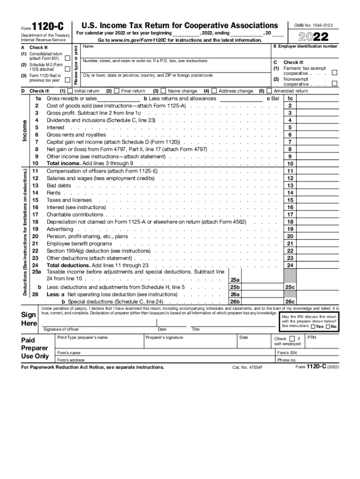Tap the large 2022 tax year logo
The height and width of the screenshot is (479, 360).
click(x=315, y=36)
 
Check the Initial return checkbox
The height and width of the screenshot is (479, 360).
click(x=70, y=91)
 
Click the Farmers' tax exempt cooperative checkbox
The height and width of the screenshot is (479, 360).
click(x=334, y=73)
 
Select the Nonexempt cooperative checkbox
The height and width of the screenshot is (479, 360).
click(x=334, y=84)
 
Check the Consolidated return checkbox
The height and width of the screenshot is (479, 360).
click(x=68, y=58)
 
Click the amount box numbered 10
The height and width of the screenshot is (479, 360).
click(x=290, y=164)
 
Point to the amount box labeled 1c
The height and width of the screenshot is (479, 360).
click(x=290, y=99)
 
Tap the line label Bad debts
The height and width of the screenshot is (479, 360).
click(x=59, y=185)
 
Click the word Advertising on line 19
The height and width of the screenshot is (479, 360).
click(x=60, y=229)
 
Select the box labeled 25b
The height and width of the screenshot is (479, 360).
click(x=235, y=287)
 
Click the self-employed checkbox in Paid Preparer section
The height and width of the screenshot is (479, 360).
click(x=293, y=338)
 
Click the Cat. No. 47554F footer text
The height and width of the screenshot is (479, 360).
click(x=248, y=368)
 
